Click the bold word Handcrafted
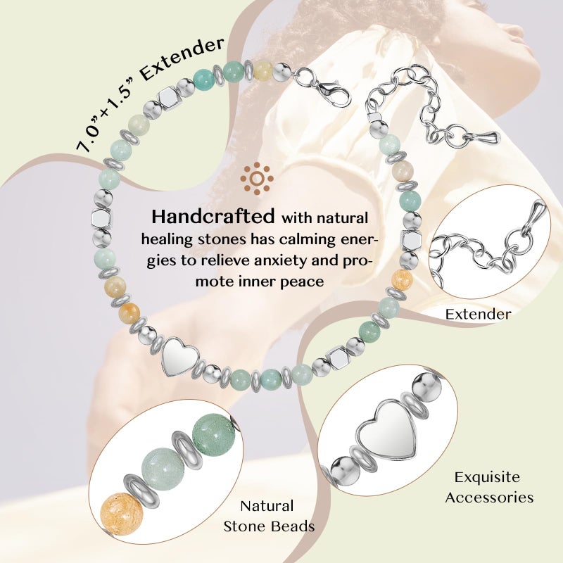point(213,216)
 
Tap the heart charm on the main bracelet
point(180,356)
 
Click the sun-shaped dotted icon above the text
point(257,179)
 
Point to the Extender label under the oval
point(479,314)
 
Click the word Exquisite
point(487,477)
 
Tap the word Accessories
point(489,498)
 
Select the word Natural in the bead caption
point(267,506)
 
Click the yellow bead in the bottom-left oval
point(122,512)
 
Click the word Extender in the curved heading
point(182,58)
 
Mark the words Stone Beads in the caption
point(269,526)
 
